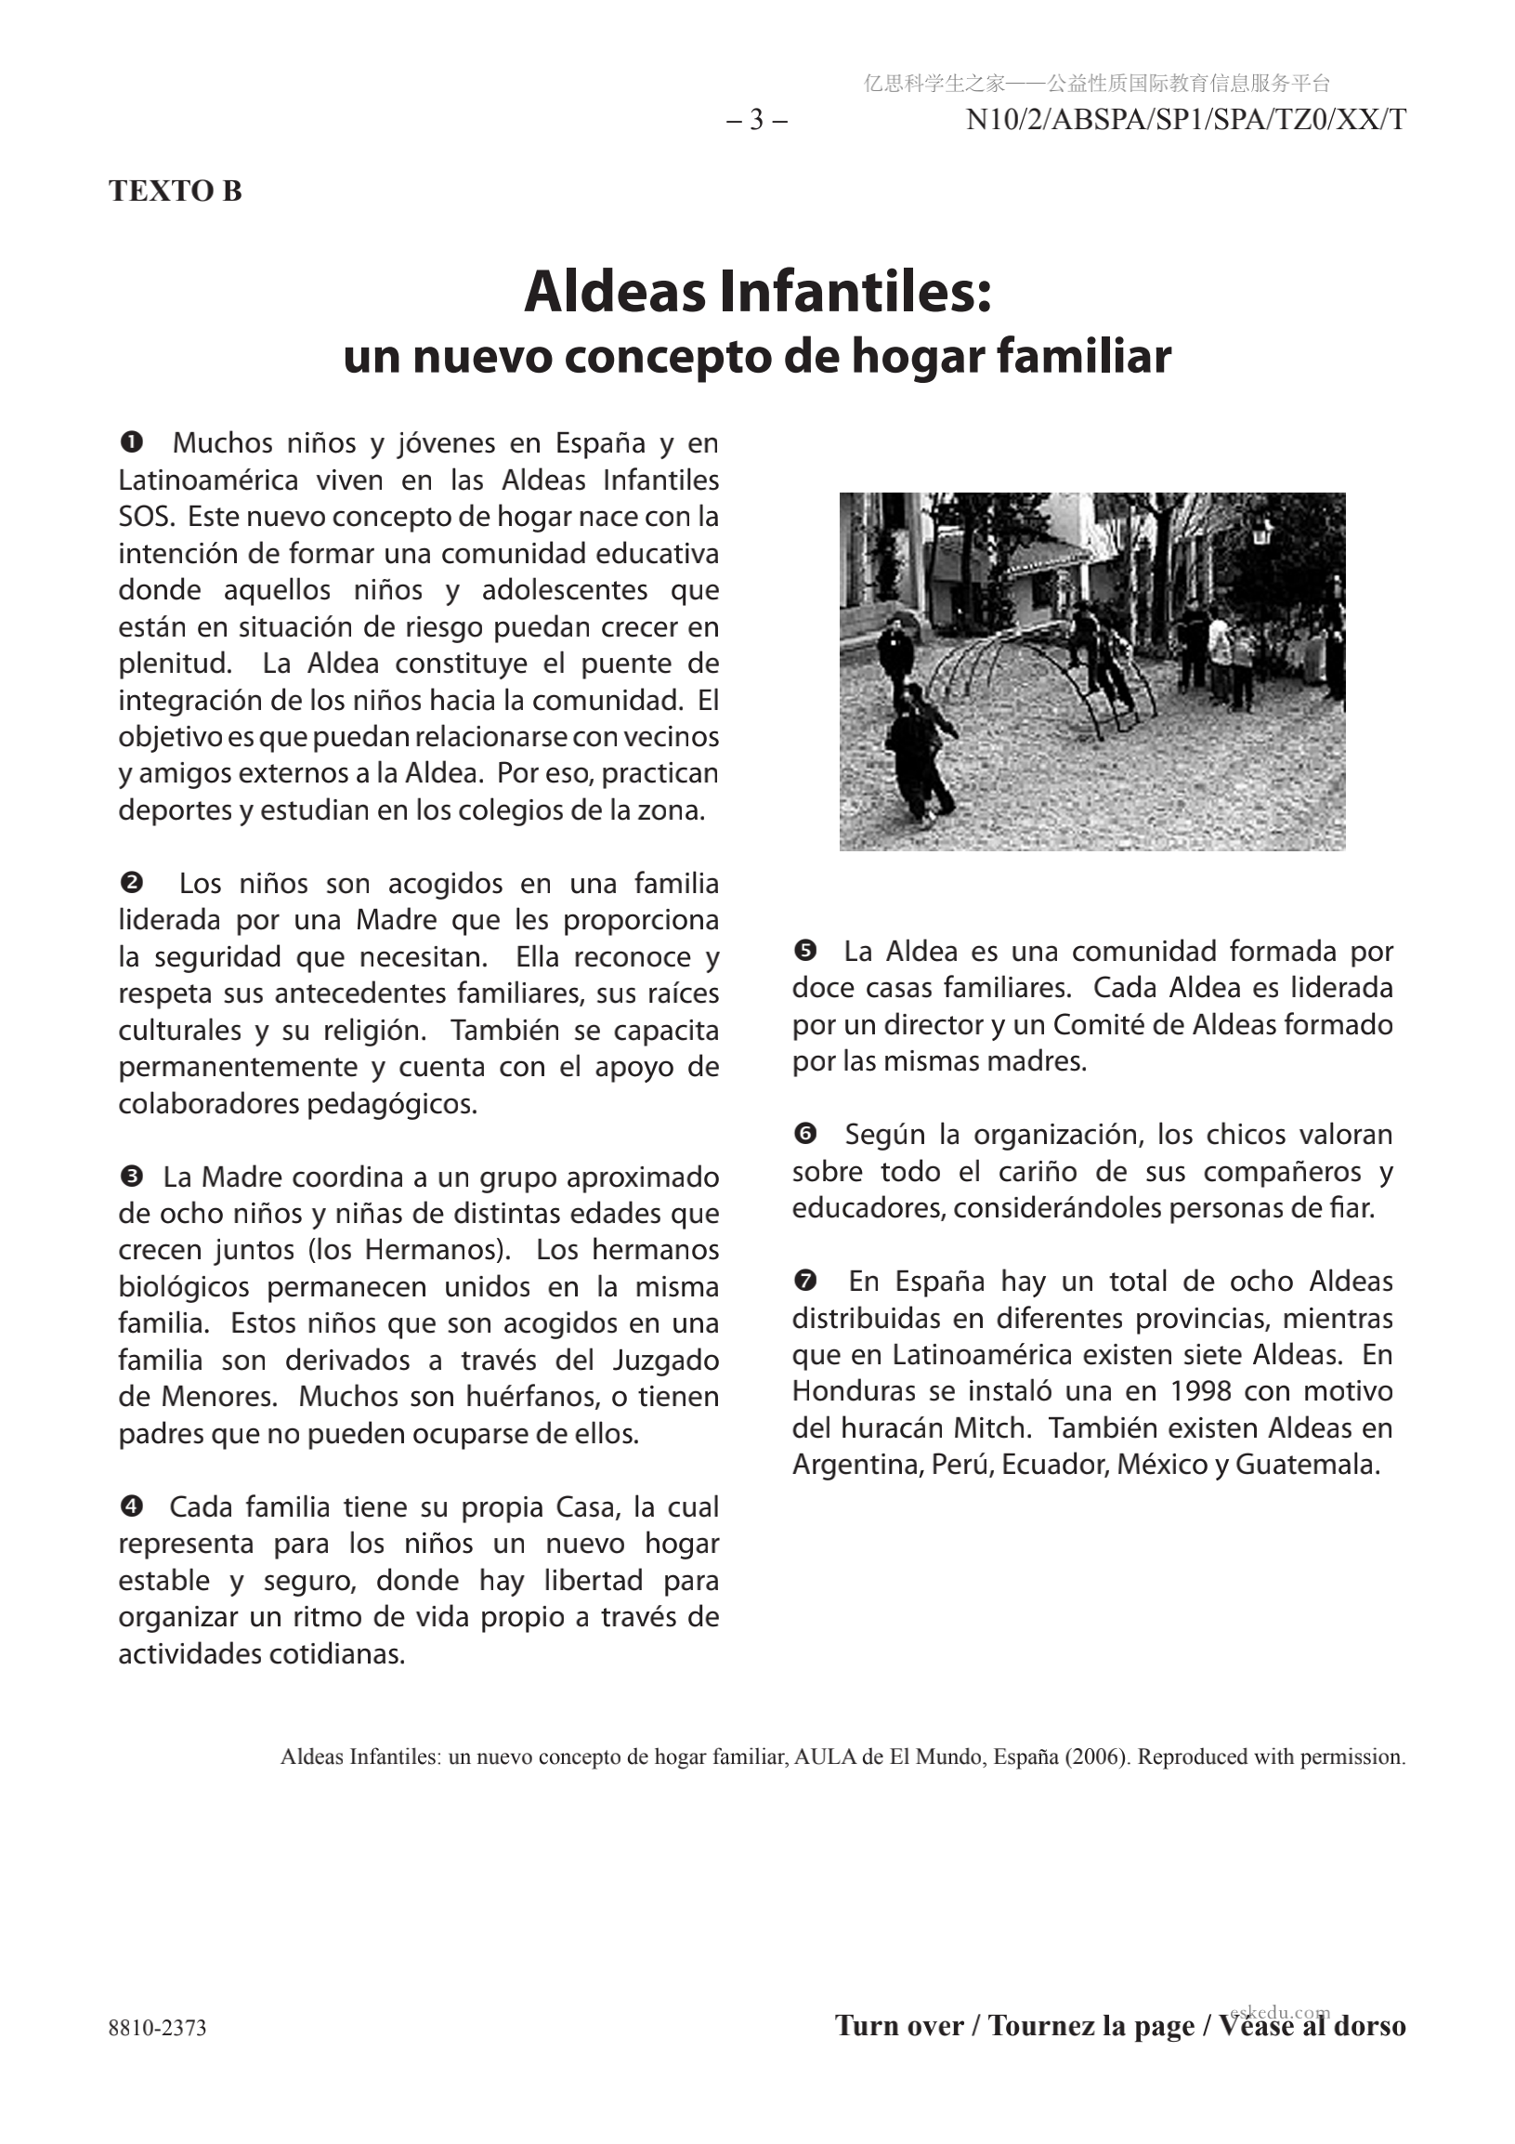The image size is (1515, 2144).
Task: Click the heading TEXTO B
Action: point(175,191)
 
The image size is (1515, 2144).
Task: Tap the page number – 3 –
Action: point(757,120)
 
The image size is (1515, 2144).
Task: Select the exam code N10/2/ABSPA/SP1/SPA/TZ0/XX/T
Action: point(1185,120)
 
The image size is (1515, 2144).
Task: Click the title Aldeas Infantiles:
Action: point(757,291)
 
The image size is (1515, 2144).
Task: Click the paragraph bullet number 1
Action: point(132,440)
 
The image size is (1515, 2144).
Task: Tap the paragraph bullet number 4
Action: point(132,1506)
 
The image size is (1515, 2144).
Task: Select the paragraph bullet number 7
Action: point(804,1281)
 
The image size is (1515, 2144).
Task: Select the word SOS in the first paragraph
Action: point(142,517)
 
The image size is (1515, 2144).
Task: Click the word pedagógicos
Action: point(392,1104)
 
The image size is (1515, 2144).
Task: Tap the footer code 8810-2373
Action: point(157,2028)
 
